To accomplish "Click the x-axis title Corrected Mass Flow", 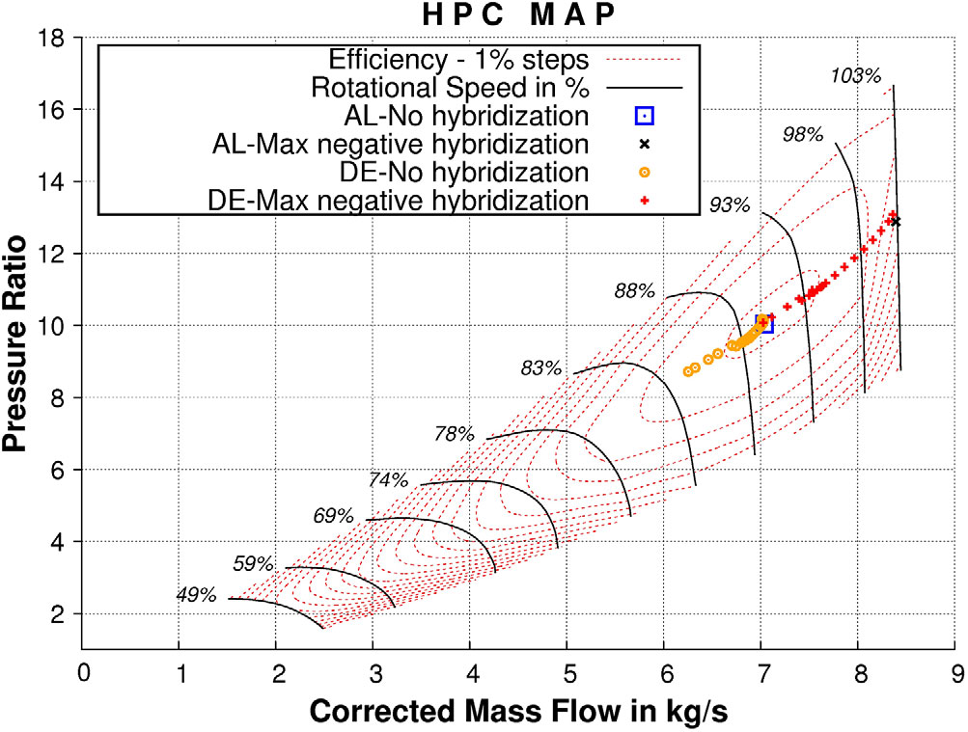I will pyautogui.click(x=517, y=711).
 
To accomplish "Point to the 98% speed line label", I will pyautogui.click(x=803, y=135).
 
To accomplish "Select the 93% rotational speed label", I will pyautogui.click(x=729, y=204).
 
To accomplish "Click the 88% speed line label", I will pyautogui.click(x=634, y=290).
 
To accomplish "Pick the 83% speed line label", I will pyautogui.click(x=540, y=367).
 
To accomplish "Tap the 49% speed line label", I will pyautogui.click(x=196, y=595).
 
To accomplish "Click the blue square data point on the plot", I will pyautogui.click(x=763, y=323).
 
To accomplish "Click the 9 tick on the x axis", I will pyautogui.click(x=956, y=668).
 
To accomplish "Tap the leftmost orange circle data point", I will pyautogui.click(x=688, y=371).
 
